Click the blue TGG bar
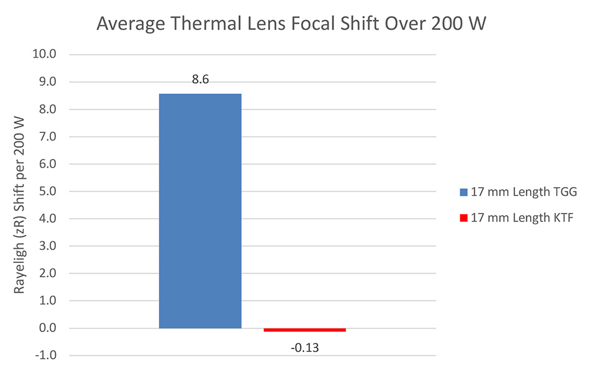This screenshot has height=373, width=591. click(200, 211)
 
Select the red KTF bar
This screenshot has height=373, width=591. click(304, 329)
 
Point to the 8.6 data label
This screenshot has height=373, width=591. click(200, 81)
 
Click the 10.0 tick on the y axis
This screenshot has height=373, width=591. click(44, 55)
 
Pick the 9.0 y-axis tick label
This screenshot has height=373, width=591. click(46, 82)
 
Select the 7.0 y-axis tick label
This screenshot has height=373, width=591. click(46, 137)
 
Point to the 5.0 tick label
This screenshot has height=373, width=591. click(46, 191)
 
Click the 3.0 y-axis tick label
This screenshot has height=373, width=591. click(46, 246)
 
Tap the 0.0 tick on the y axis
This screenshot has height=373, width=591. click(46, 328)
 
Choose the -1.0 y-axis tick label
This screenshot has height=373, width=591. click(44, 356)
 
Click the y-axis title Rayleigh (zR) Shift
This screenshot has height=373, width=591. click(20, 205)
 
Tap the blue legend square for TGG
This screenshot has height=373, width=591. click(463, 192)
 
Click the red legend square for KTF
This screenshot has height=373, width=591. click(463, 218)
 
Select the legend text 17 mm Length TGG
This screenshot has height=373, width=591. click(524, 192)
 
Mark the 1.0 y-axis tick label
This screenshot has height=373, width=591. click(46, 301)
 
